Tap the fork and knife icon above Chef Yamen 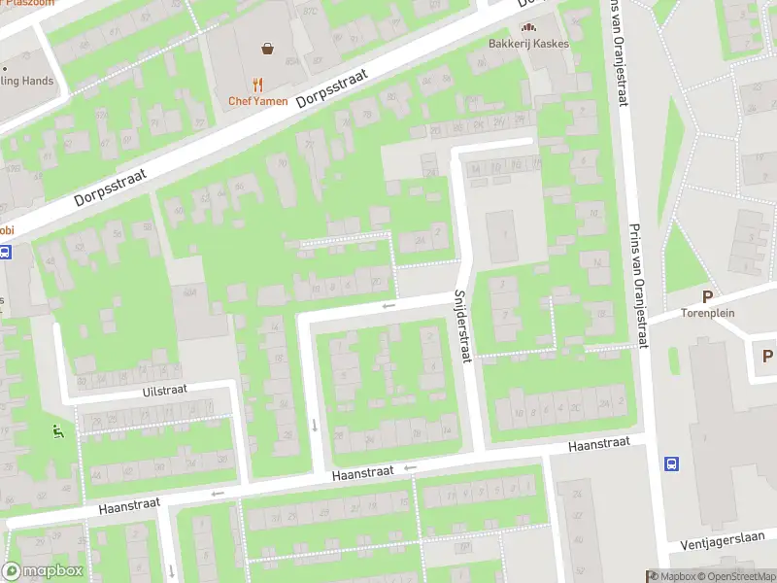click(257, 85)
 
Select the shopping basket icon click(266, 48)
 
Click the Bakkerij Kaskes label click(528, 44)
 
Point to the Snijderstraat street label click(462, 327)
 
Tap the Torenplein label click(706, 314)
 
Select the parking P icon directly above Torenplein click(707, 296)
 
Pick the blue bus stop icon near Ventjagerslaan click(671, 464)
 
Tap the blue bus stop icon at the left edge click(5, 253)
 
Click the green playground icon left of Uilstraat click(57, 430)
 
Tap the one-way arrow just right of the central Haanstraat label click(410, 468)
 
